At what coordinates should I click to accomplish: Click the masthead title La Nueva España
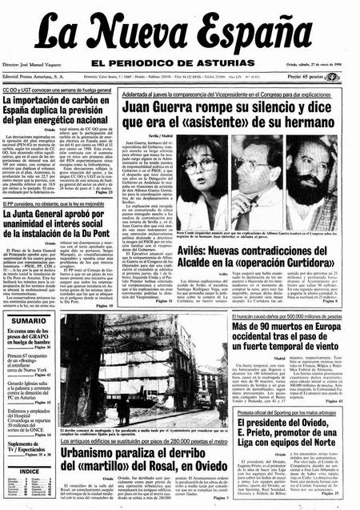click(179, 34)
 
